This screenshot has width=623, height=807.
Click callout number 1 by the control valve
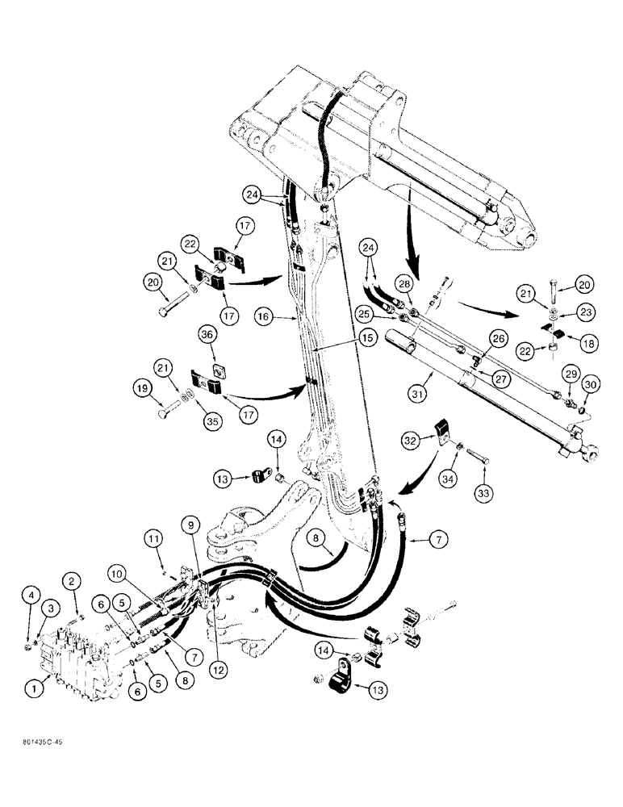tap(33, 690)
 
